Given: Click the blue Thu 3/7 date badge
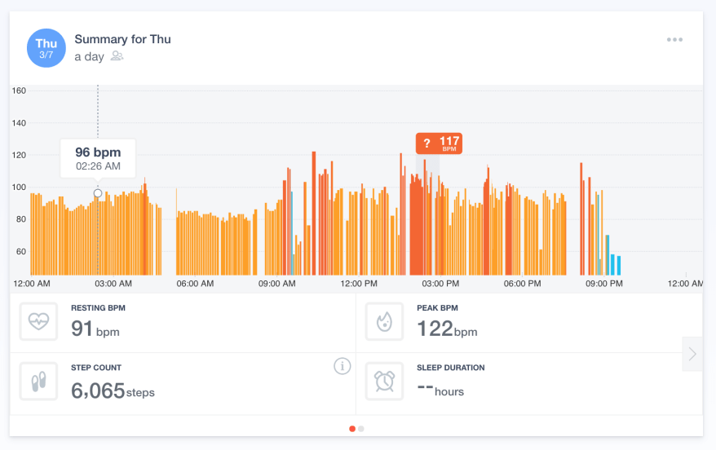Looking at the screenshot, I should [46, 47].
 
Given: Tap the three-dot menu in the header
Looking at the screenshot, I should [674, 39].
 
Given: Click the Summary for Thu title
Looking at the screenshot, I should [122, 39].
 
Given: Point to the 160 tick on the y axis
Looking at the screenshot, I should [19, 90].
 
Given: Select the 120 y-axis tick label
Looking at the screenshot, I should [19, 155].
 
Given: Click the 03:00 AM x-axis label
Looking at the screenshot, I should [113, 284].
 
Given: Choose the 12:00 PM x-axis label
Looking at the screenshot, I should [359, 284].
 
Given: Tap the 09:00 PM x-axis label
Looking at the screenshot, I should [604, 284].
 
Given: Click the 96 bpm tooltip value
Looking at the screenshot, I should [98, 152].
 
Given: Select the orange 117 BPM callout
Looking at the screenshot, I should [440, 143].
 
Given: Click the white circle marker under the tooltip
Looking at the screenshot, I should [98, 193].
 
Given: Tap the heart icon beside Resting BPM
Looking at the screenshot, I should [38, 322].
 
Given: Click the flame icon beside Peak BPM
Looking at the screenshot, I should [384, 322].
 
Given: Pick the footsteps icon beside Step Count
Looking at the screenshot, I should [38, 382].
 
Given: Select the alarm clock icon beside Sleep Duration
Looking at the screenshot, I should [384, 382].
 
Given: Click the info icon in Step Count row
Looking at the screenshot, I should [343, 367].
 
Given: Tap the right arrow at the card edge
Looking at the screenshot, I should [692, 354].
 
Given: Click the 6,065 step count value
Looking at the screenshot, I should [98, 390].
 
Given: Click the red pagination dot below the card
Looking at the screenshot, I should [352, 428].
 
